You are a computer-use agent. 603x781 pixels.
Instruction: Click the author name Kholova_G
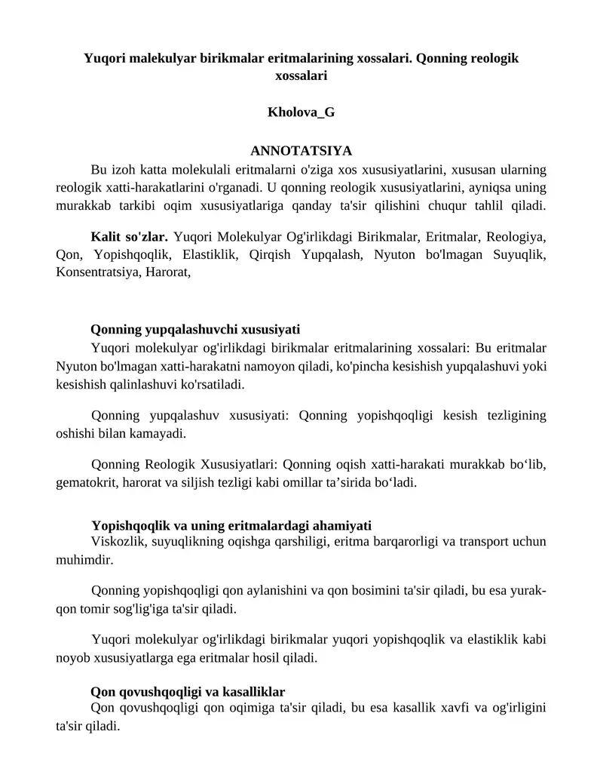(x=301, y=112)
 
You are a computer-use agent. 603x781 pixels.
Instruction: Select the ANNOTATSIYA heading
(x=301, y=150)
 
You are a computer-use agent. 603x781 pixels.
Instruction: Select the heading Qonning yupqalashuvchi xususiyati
(x=195, y=329)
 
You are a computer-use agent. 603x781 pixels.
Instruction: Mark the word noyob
(x=72, y=657)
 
